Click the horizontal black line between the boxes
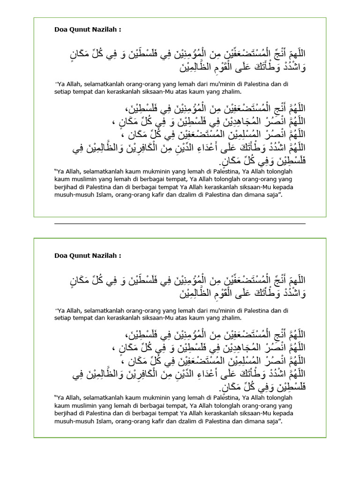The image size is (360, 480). tap(180, 224)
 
